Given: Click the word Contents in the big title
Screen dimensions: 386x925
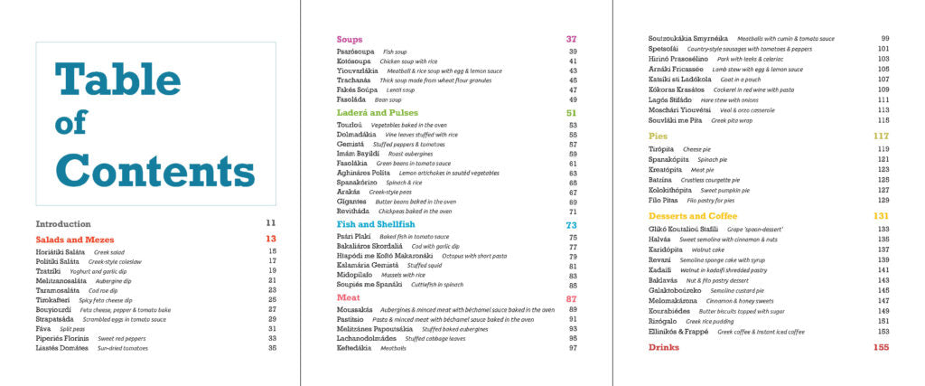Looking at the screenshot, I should (155, 171).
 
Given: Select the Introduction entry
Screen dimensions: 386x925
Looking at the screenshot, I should (63, 223).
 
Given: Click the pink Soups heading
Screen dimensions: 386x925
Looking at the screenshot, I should (350, 39).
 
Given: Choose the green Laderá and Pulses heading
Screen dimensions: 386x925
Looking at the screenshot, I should (378, 113).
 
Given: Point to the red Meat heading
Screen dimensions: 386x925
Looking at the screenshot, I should (349, 297).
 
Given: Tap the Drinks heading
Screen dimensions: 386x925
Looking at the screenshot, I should (664, 347).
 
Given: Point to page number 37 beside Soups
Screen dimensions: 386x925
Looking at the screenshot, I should (571, 39).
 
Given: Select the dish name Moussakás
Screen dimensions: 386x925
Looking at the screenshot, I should (357, 309).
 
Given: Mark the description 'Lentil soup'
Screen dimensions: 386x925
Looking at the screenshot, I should (399, 89).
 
